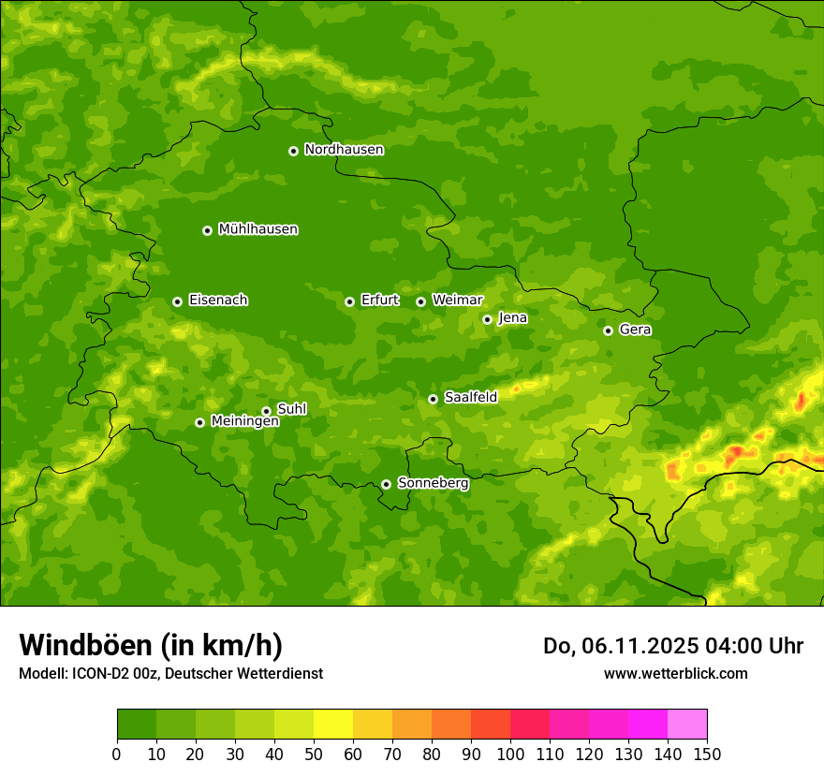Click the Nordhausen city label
tap(344, 150)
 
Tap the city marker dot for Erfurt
tap(349, 301)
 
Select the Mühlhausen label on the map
tap(257, 229)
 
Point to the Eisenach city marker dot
tap(177, 301)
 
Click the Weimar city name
tap(457, 301)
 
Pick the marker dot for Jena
tap(487, 319)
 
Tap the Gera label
tap(635, 330)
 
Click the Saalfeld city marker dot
tap(433, 399)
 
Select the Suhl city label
tap(291, 409)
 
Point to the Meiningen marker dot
tap(199, 422)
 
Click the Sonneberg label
tap(433, 483)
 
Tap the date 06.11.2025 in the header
tap(636, 646)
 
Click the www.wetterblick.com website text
tap(675, 673)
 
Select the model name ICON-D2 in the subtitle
tap(98, 673)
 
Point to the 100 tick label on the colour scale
tap(510, 754)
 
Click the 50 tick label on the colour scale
tap(314, 754)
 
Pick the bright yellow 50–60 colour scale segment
tap(333, 725)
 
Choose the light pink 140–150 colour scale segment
tap(687, 725)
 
